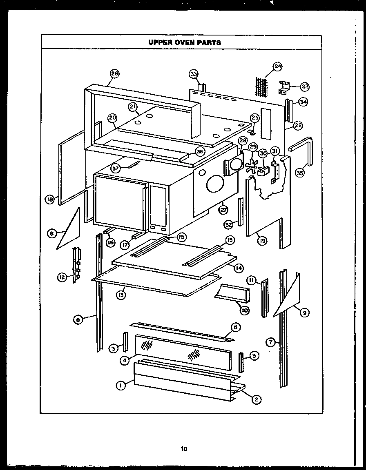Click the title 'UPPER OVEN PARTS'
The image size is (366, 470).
coord(184,42)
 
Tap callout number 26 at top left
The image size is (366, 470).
coord(114,73)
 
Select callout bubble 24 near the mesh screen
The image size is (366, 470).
coord(277,66)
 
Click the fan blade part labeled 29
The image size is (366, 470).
coord(252,168)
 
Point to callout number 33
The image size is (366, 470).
coord(193,74)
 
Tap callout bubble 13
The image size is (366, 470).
coord(121,295)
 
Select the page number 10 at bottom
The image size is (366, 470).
coord(183,449)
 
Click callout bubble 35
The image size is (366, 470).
coord(300,173)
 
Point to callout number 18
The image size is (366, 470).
coord(50,200)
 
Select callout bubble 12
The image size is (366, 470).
coord(62,278)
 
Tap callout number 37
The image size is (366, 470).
coord(116,168)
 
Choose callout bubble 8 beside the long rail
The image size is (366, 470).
coord(78,320)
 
